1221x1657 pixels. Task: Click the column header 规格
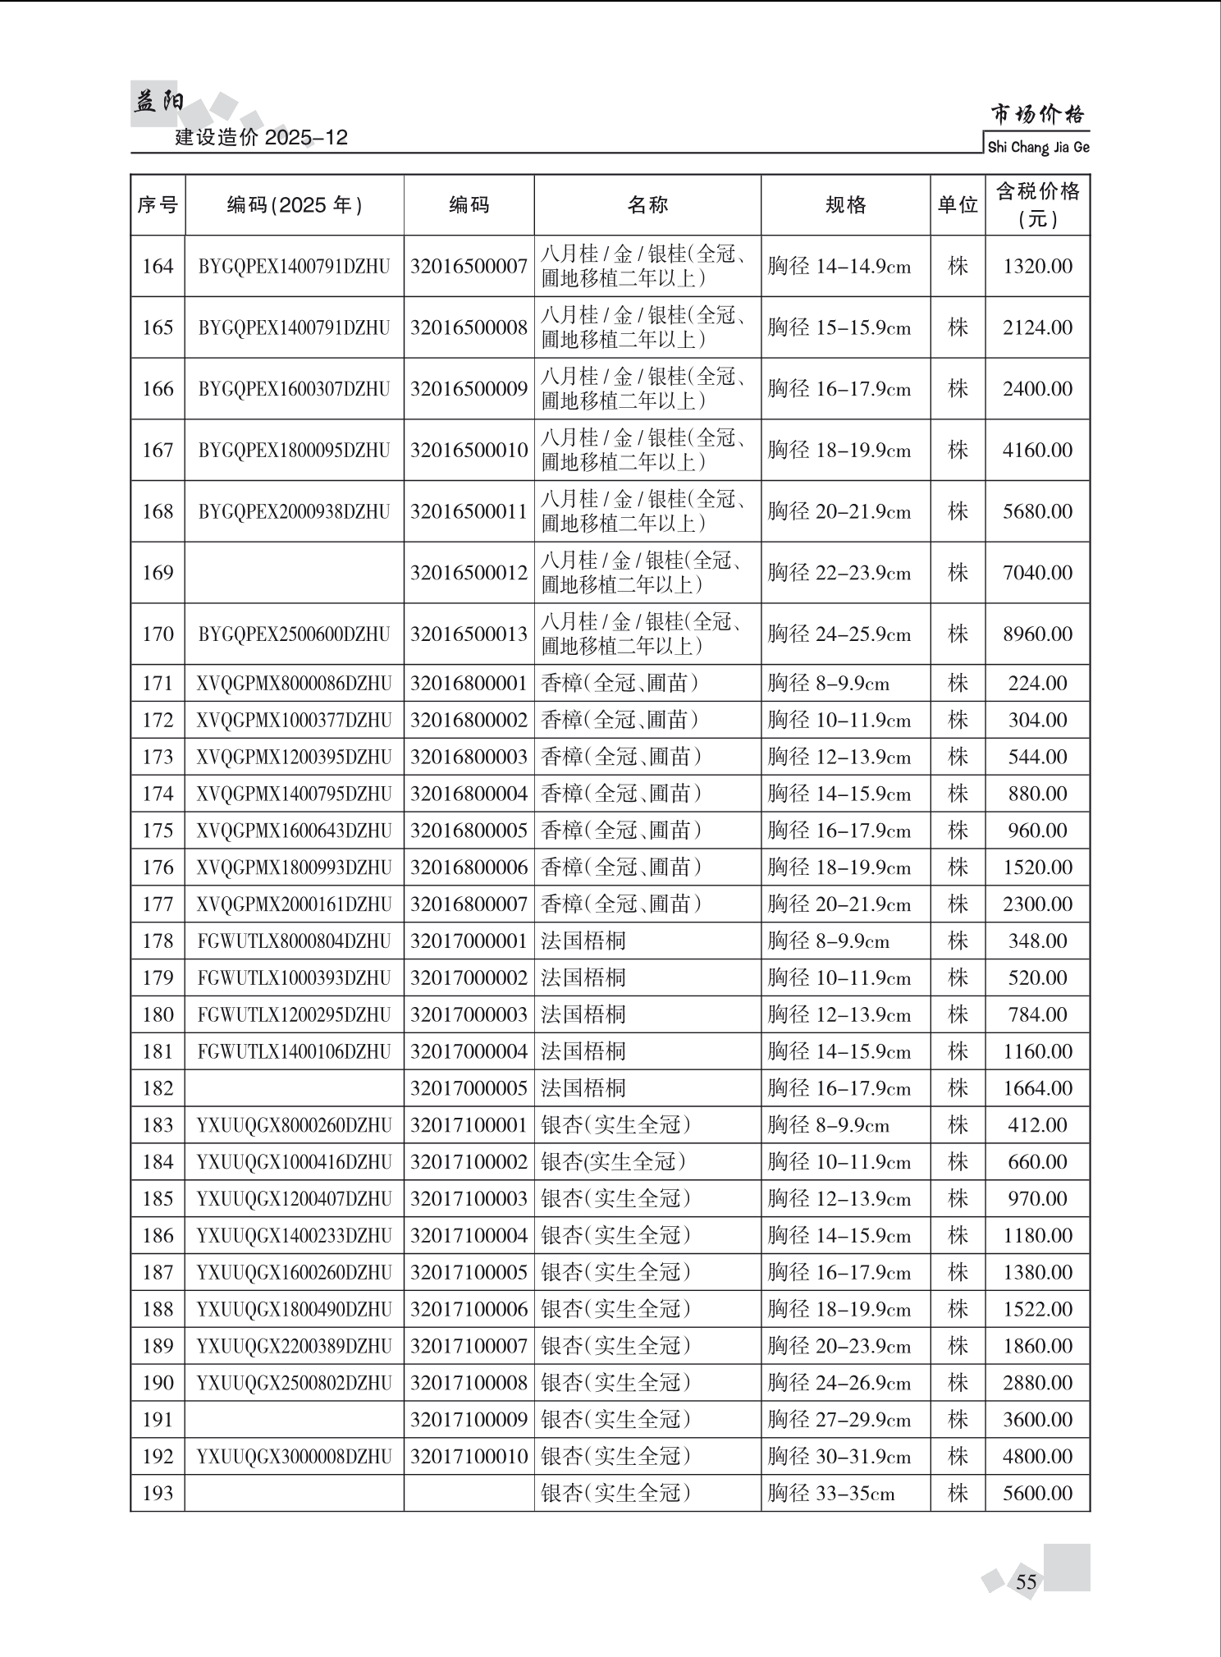[x=845, y=205]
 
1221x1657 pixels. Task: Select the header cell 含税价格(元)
[x=1037, y=205]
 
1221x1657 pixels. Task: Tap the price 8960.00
[x=1037, y=634]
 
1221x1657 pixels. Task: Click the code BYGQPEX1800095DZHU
[x=294, y=451]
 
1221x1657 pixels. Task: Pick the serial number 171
[x=158, y=684]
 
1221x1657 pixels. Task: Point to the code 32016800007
[x=469, y=904]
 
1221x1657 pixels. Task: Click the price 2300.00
[x=1037, y=904]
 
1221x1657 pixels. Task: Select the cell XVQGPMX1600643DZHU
[x=294, y=831]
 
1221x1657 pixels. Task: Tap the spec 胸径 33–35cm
[x=830, y=1494]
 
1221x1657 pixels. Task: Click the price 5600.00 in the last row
[x=1037, y=1494]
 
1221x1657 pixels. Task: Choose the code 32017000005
[x=469, y=1088]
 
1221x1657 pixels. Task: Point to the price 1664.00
[x=1037, y=1088]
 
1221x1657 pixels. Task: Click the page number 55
[x=1026, y=1581]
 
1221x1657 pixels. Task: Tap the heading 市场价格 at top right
[x=1037, y=114]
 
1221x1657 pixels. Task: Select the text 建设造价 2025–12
[x=261, y=137]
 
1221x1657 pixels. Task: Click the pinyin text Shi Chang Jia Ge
[x=1038, y=148]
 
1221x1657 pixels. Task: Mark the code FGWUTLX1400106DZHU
[x=294, y=1051]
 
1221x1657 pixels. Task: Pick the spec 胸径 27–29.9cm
[x=839, y=1420]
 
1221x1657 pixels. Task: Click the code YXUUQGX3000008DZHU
[x=294, y=1457]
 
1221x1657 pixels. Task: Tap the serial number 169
[x=158, y=573]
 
